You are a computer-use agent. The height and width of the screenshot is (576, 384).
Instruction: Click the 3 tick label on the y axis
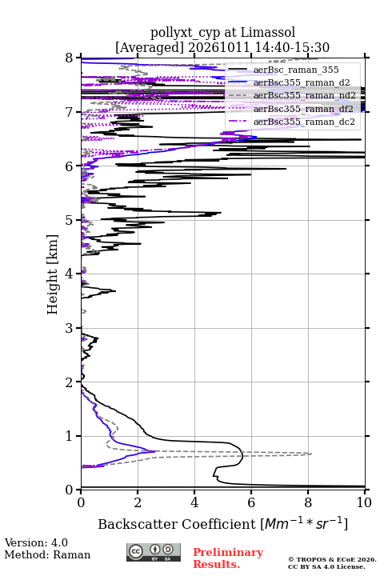tap(70, 328)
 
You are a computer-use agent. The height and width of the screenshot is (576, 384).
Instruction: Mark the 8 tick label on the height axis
tap(70, 58)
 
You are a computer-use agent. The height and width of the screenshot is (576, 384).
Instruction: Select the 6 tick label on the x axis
tap(251, 502)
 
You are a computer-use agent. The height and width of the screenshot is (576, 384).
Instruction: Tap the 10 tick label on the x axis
tap(365, 502)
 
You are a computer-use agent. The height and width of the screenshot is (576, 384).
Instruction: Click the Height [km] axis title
tap(52, 274)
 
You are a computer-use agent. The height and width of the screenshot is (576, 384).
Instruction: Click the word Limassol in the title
tap(267, 33)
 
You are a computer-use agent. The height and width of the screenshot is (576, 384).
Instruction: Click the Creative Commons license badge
tap(154, 552)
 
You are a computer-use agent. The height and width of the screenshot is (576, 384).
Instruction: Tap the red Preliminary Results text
tap(228, 558)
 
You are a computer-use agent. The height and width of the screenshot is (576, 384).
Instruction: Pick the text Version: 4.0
tap(36, 542)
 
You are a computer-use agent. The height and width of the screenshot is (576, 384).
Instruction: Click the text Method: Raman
tap(47, 554)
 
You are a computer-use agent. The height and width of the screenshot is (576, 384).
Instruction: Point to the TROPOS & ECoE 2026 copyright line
tap(332, 559)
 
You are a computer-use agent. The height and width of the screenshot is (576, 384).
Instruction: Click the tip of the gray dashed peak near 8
tap(311, 454)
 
